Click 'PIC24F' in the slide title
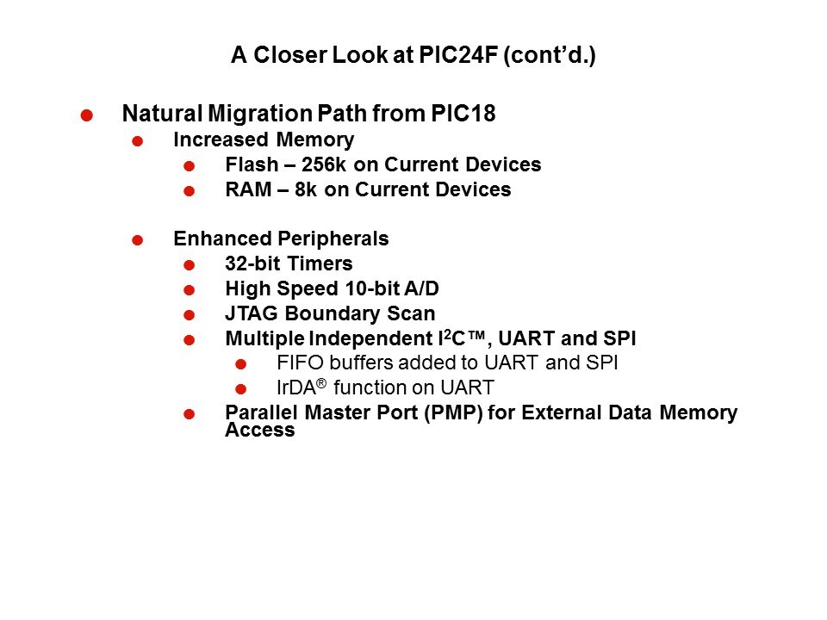(x=458, y=55)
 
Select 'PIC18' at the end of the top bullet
(x=463, y=114)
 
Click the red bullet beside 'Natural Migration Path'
(x=87, y=115)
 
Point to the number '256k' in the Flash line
(x=324, y=164)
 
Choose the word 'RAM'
(x=248, y=189)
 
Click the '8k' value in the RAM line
(x=306, y=189)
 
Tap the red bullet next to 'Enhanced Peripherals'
(x=138, y=240)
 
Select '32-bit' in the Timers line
(x=252, y=263)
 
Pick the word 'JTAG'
(x=252, y=313)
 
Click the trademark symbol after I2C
(x=476, y=335)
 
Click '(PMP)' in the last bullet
(x=454, y=412)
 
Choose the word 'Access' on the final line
(x=260, y=431)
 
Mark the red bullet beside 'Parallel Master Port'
(x=190, y=414)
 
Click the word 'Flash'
(x=252, y=164)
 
